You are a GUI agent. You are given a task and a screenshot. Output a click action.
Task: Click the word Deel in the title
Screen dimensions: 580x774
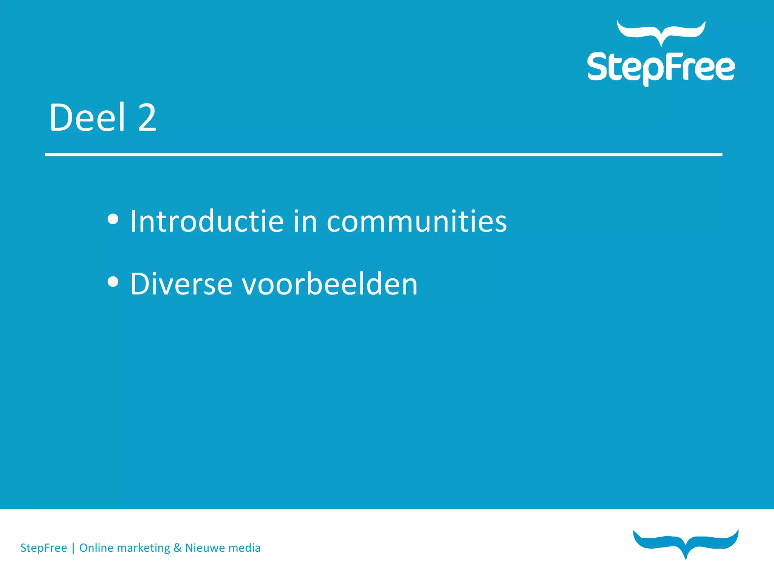point(87,118)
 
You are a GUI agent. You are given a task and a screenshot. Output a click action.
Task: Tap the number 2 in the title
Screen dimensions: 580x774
point(147,118)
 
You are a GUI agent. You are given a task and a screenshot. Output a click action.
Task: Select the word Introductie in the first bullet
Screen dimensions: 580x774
point(207,221)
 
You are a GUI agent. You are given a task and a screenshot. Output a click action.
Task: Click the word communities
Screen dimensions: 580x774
point(416,221)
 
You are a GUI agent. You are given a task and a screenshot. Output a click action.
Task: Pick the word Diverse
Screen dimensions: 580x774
point(181,284)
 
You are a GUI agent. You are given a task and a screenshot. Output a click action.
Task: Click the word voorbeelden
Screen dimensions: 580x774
point(330,284)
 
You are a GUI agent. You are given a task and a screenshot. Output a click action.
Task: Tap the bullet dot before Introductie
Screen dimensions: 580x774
point(113,219)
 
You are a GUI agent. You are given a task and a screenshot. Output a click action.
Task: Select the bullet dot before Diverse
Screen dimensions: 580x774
point(113,282)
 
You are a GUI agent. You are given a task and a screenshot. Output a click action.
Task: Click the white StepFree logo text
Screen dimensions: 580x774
point(661,68)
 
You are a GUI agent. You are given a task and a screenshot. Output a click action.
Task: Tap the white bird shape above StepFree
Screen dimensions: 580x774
point(661,32)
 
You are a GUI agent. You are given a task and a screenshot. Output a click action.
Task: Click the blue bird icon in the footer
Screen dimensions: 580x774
point(686,543)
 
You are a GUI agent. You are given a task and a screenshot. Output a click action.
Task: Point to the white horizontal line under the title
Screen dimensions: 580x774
point(383,154)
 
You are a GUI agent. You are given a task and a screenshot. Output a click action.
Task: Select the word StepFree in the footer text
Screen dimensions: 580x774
point(43,548)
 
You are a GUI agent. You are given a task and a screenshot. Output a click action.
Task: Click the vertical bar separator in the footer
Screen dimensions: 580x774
point(73,548)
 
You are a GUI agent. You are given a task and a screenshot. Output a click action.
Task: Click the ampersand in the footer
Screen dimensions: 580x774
point(178,548)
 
